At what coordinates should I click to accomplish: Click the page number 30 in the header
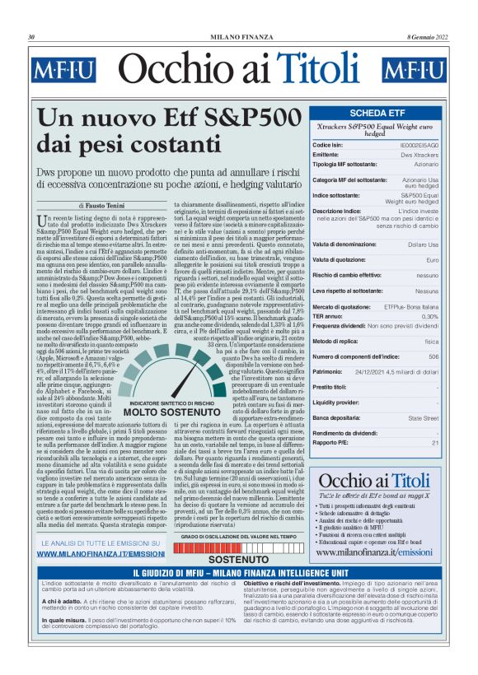[x=31, y=37]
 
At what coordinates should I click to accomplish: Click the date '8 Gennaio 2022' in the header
[x=427, y=37]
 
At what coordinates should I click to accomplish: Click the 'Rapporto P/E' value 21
[x=435, y=442]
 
